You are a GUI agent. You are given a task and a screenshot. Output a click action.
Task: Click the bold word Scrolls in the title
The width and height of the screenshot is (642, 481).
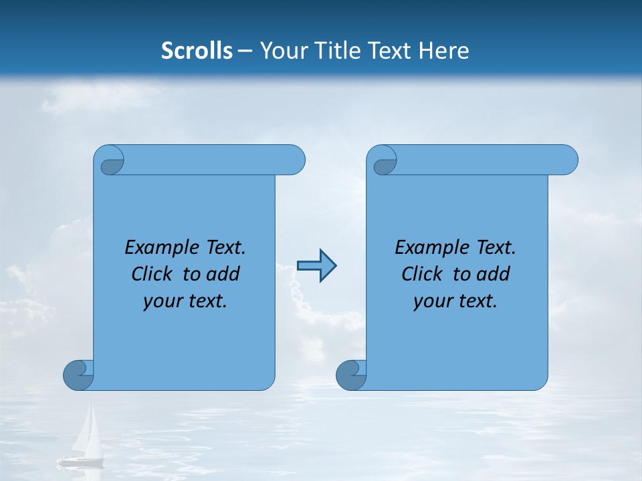click(x=197, y=51)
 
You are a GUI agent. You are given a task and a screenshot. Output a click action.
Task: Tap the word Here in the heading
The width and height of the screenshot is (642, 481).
click(x=443, y=51)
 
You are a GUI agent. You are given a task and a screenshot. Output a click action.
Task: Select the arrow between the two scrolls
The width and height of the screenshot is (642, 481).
click(x=316, y=266)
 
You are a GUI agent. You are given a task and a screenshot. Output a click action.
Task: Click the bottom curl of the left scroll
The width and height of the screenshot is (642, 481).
click(x=78, y=375)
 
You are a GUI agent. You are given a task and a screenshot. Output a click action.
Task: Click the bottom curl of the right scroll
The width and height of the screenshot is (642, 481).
click(x=351, y=375)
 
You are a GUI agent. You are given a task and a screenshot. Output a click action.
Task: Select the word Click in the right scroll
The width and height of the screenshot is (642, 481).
click(x=421, y=274)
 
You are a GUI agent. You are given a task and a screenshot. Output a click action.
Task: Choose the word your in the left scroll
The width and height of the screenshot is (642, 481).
click(x=162, y=301)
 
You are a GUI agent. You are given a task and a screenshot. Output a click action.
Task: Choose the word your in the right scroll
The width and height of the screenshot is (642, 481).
click(x=432, y=301)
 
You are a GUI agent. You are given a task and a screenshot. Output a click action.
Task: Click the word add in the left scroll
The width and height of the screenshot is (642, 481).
click(x=223, y=274)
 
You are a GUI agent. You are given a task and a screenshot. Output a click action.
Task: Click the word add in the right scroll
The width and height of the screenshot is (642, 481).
click(x=494, y=274)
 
